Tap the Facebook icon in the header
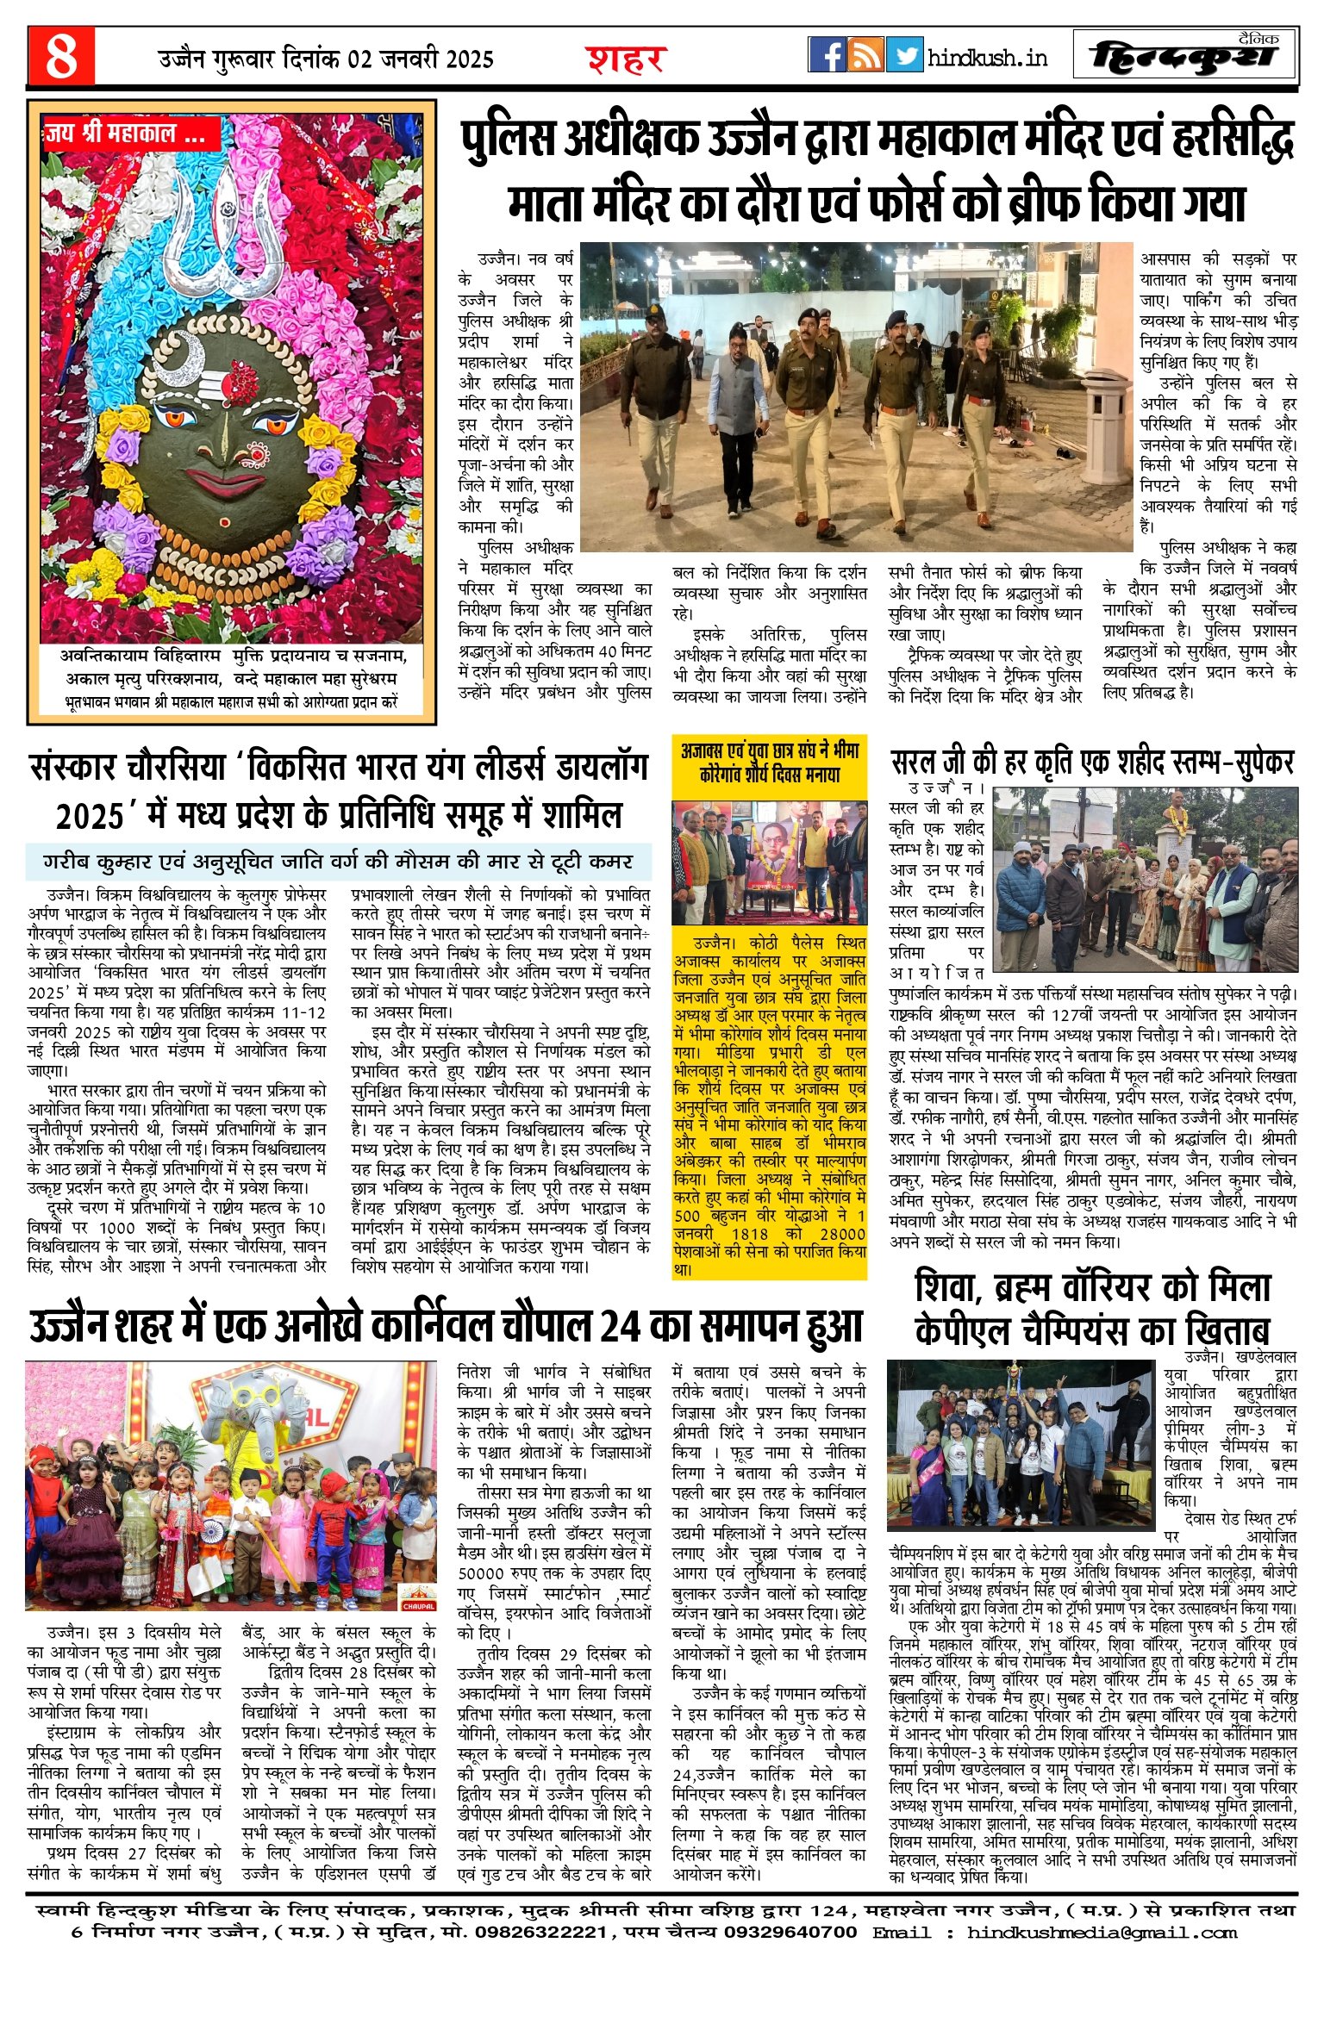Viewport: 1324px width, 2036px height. [x=827, y=54]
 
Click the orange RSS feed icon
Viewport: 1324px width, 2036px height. [x=865, y=54]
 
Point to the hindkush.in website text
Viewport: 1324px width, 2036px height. [x=988, y=58]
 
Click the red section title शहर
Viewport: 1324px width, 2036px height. [x=626, y=59]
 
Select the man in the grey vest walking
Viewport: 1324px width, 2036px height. [x=734, y=388]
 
